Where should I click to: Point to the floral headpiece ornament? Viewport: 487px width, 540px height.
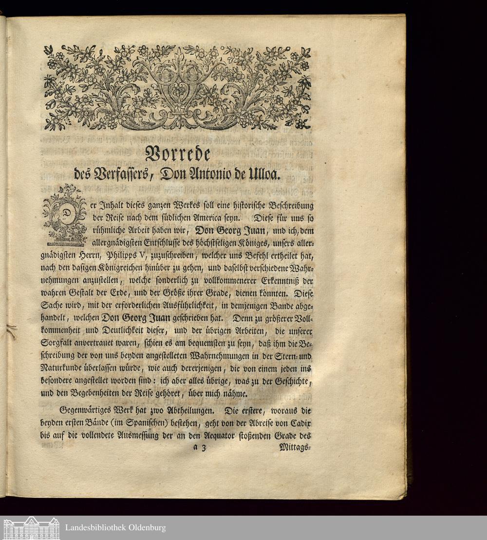pyautogui.click(x=177, y=88)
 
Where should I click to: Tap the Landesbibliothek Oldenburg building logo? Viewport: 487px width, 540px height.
pyautogui.click(x=31, y=528)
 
